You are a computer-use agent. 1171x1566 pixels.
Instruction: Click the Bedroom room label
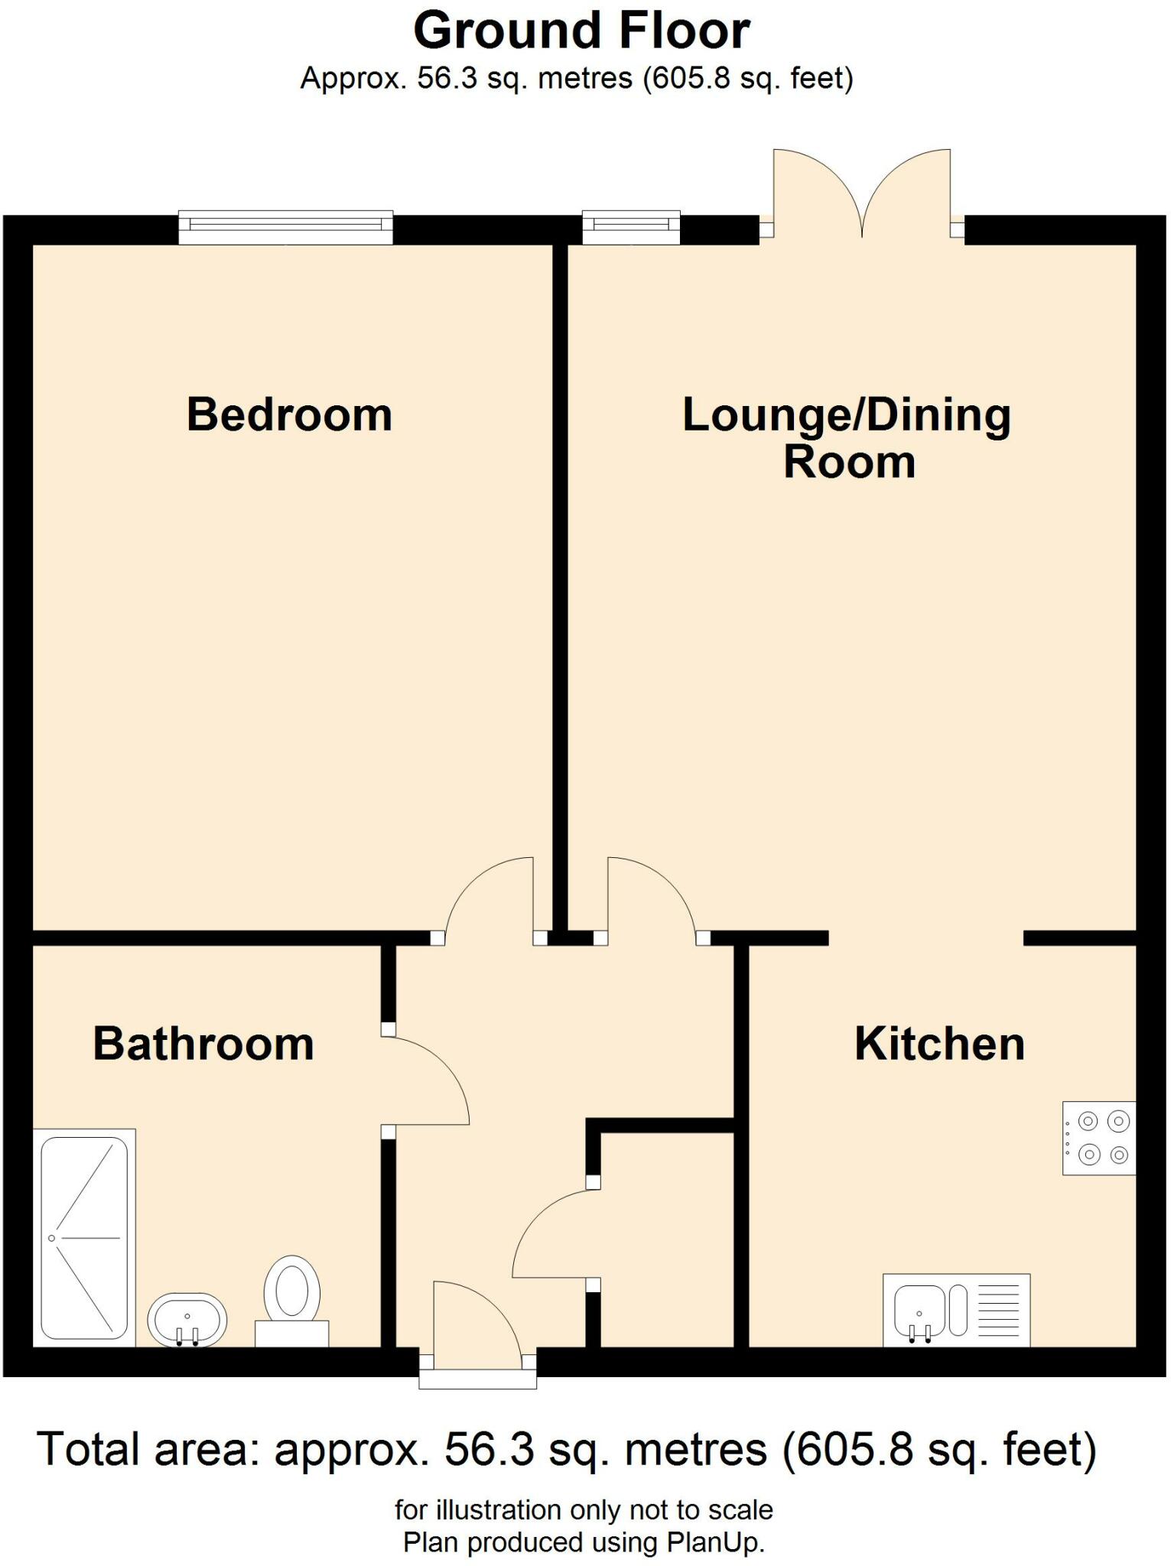click(289, 415)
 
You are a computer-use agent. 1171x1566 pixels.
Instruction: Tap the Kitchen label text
click(939, 1044)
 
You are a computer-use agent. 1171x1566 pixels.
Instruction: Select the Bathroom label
click(203, 1045)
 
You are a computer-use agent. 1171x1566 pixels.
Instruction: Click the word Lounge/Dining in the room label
click(846, 416)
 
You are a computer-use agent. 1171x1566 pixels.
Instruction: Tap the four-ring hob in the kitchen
click(1099, 1138)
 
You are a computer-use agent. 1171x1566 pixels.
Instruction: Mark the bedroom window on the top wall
click(285, 227)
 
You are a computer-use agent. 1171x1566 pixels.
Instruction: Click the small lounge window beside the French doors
click(631, 227)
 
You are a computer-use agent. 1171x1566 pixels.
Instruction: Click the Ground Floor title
click(581, 32)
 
